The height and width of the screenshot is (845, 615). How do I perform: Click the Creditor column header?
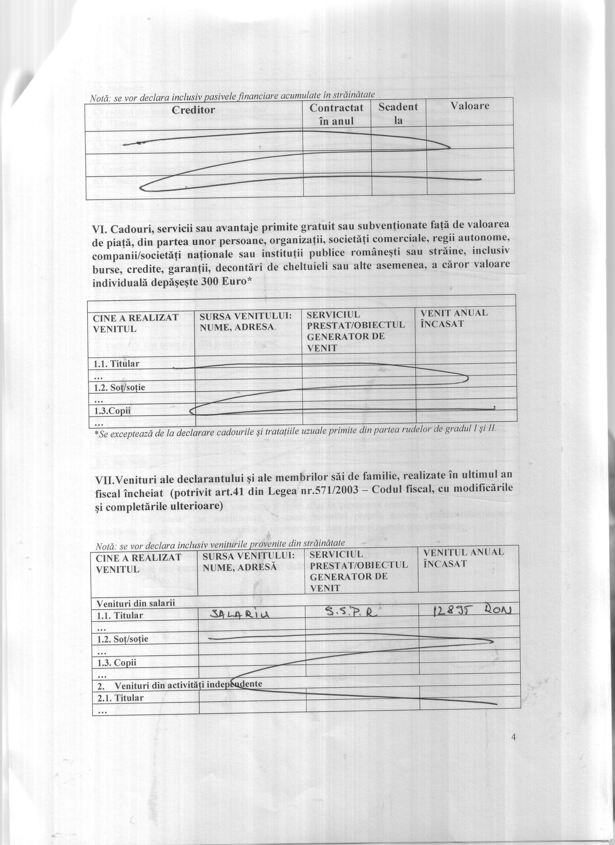[194, 110]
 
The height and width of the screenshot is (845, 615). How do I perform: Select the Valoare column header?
[470, 106]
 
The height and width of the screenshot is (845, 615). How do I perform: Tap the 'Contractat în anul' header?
[337, 114]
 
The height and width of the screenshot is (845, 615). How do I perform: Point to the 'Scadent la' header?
[398, 114]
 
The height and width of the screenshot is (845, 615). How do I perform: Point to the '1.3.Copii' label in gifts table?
[113, 411]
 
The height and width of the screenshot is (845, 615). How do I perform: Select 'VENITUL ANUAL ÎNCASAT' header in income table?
[464, 558]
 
